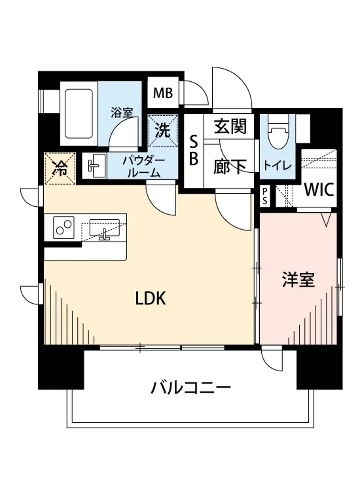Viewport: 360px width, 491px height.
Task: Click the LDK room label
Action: pyautogui.click(x=151, y=299)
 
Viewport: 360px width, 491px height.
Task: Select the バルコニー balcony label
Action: pyautogui.click(x=191, y=387)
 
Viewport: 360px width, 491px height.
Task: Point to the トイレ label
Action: pyautogui.click(x=277, y=166)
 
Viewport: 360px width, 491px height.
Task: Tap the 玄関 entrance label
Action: pyautogui.click(x=230, y=127)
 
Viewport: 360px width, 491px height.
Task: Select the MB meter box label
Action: pyautogui.click(x=163, y=93)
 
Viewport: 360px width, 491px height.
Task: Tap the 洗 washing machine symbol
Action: pyautogui.click(x=163, y=131)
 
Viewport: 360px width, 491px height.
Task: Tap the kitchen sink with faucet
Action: pyautogui.click(x=105, y=229)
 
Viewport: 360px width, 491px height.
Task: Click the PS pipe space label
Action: pyautogui.click(x=265, y=196)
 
